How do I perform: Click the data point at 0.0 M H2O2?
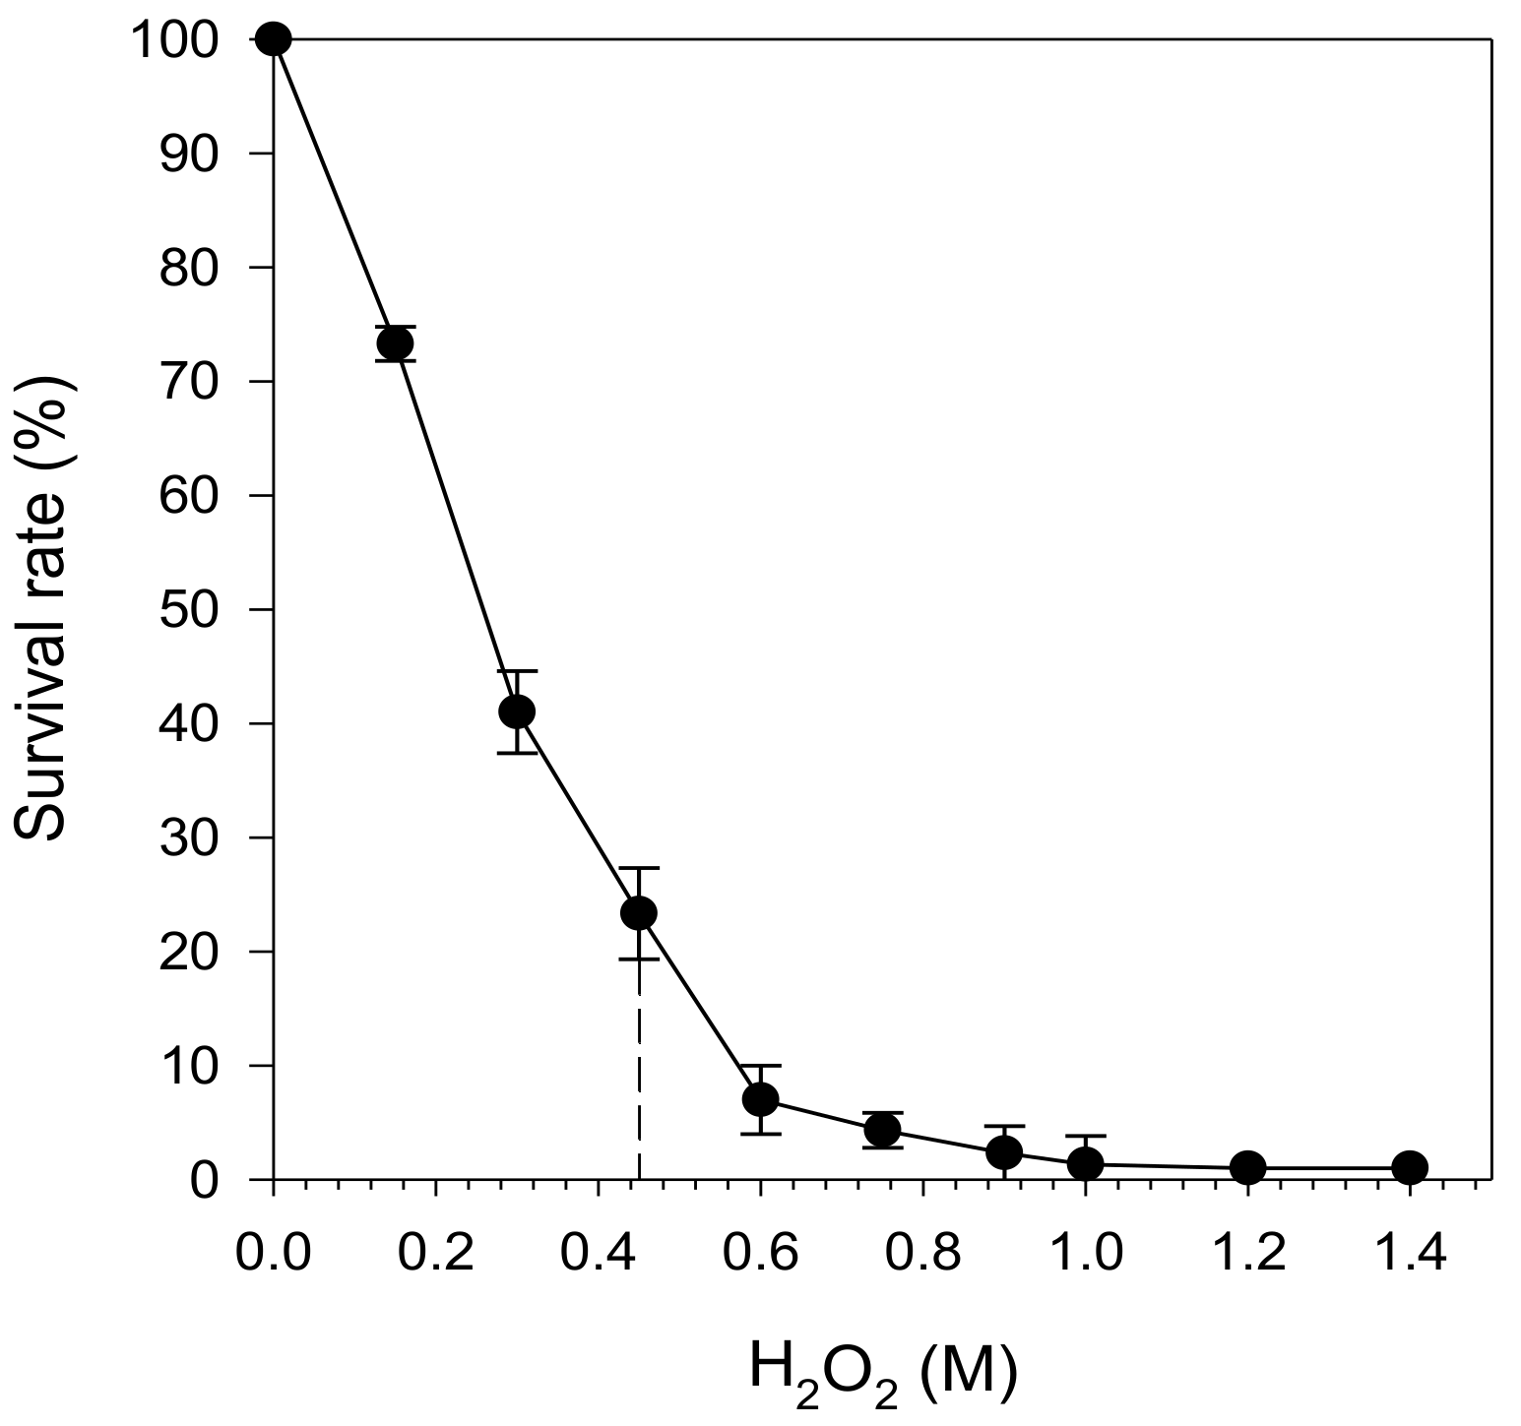(273, 39)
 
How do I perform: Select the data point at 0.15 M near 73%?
(395, 343)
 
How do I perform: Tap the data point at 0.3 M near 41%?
(517, 711)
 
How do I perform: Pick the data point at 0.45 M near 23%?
(639, 913)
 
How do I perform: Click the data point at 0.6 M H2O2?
(761, 1099)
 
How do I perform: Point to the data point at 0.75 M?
(882, 1131)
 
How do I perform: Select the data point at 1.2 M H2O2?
(1247, 1168)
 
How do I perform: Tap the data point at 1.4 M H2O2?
(1410, 1168)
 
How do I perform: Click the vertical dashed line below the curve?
(639, 1073)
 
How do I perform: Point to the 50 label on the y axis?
(188, 609)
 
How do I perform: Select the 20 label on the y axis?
(188, 952)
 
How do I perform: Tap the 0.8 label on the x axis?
(922, 1255)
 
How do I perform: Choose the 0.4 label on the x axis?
(598, 1255)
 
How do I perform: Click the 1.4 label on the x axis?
(1410, 1255)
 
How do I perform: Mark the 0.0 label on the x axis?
(273, 1255)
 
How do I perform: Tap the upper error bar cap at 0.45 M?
(639, 868)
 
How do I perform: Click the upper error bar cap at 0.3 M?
(517, 671)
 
